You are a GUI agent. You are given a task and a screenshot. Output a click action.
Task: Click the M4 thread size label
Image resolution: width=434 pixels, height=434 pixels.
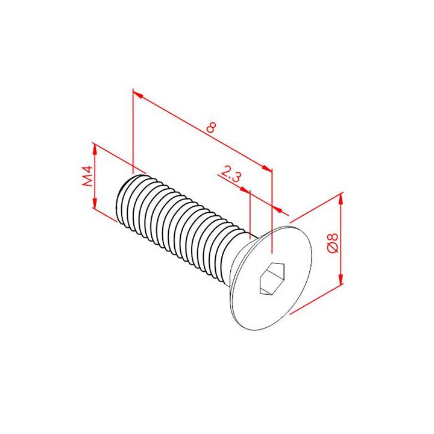coord(88,176)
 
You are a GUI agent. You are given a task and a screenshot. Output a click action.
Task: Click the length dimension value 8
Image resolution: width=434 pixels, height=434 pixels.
coord(211,127)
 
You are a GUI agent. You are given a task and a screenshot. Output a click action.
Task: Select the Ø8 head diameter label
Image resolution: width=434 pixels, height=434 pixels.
coord(332,243)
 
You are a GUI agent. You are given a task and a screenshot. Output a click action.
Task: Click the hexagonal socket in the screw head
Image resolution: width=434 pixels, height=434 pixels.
coord(272,278)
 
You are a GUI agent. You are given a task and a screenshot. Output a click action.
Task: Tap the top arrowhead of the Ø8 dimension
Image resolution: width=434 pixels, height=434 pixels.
coord(341,199)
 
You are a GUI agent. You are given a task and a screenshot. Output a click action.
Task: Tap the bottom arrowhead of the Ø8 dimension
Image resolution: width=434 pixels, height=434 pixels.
coord(341,278)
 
